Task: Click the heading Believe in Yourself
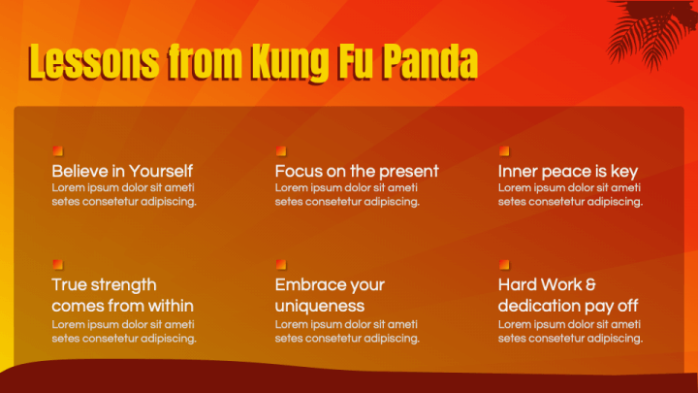[122, 171]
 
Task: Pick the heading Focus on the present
[357, 171]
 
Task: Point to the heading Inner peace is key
[568, 171]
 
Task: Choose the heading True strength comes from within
[122, 295]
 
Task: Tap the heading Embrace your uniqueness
[330, 295]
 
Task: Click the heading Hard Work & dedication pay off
[568, 295]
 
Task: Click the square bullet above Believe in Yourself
[57, 150]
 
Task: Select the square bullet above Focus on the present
[280, 150]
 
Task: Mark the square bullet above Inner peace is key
[503, 150]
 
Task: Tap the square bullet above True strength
[57, 263]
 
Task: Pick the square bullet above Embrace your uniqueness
[280, 263]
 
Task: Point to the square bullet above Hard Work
[503, 263]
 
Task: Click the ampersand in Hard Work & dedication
[590, 285]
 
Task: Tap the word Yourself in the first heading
[161, 171]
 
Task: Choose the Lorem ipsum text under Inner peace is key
[570, 194]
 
